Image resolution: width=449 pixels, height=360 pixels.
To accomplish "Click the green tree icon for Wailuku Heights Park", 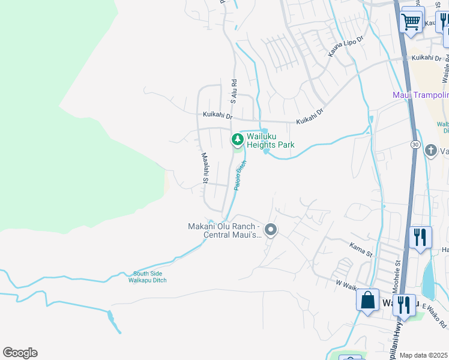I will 238,140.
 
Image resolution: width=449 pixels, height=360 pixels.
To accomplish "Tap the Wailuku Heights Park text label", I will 270,140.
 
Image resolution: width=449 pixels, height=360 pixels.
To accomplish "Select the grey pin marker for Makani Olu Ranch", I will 271,230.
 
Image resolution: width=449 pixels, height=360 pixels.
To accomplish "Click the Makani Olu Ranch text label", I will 224,230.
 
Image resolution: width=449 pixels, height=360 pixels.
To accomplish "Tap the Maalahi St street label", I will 205,169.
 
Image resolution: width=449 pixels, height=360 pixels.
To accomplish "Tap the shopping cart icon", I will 412,22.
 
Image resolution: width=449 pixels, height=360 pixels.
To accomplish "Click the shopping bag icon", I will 367,299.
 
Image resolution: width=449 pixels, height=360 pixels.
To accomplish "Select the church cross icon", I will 430,150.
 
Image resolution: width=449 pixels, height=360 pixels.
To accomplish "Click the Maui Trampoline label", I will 421,95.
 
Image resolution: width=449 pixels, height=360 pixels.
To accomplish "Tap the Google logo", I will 20,353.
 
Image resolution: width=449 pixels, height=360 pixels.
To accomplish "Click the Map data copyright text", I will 424,355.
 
